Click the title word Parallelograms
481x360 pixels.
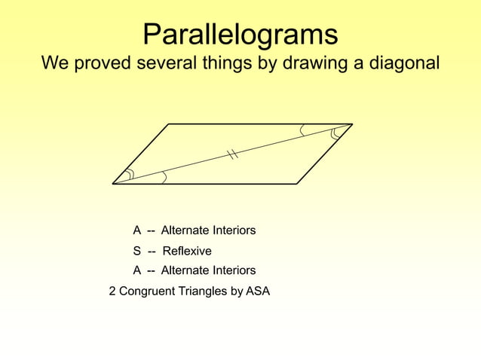click(240, 35)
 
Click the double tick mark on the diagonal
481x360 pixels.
click(233, 154)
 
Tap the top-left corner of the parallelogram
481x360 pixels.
click(169, 124)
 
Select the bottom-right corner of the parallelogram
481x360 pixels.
click(296, 184)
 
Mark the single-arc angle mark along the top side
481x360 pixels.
click(302, 130)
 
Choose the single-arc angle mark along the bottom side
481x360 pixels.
click(164, 178)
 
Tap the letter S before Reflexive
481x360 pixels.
click(137, 251)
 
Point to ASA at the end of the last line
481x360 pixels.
click(258, 291)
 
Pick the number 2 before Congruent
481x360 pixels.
click(112, 291)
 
